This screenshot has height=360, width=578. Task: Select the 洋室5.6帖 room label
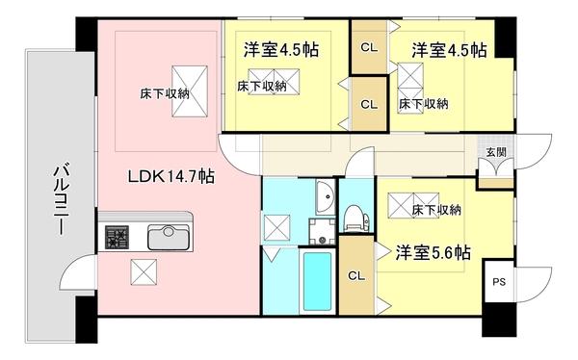pyautogui.click(x=433, y=253)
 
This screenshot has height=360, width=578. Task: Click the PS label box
pyautogui.click(x=498, y=282)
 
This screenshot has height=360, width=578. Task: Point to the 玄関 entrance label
pyautogui.click(x=495, y=153)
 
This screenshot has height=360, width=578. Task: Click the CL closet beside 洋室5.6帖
pyautogui.click(x=356, y=277)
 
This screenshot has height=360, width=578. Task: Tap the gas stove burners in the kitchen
pyautogui.click(x=118, y=237)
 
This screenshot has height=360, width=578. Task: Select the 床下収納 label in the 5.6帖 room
pyautogui.click(x=435, y=210)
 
